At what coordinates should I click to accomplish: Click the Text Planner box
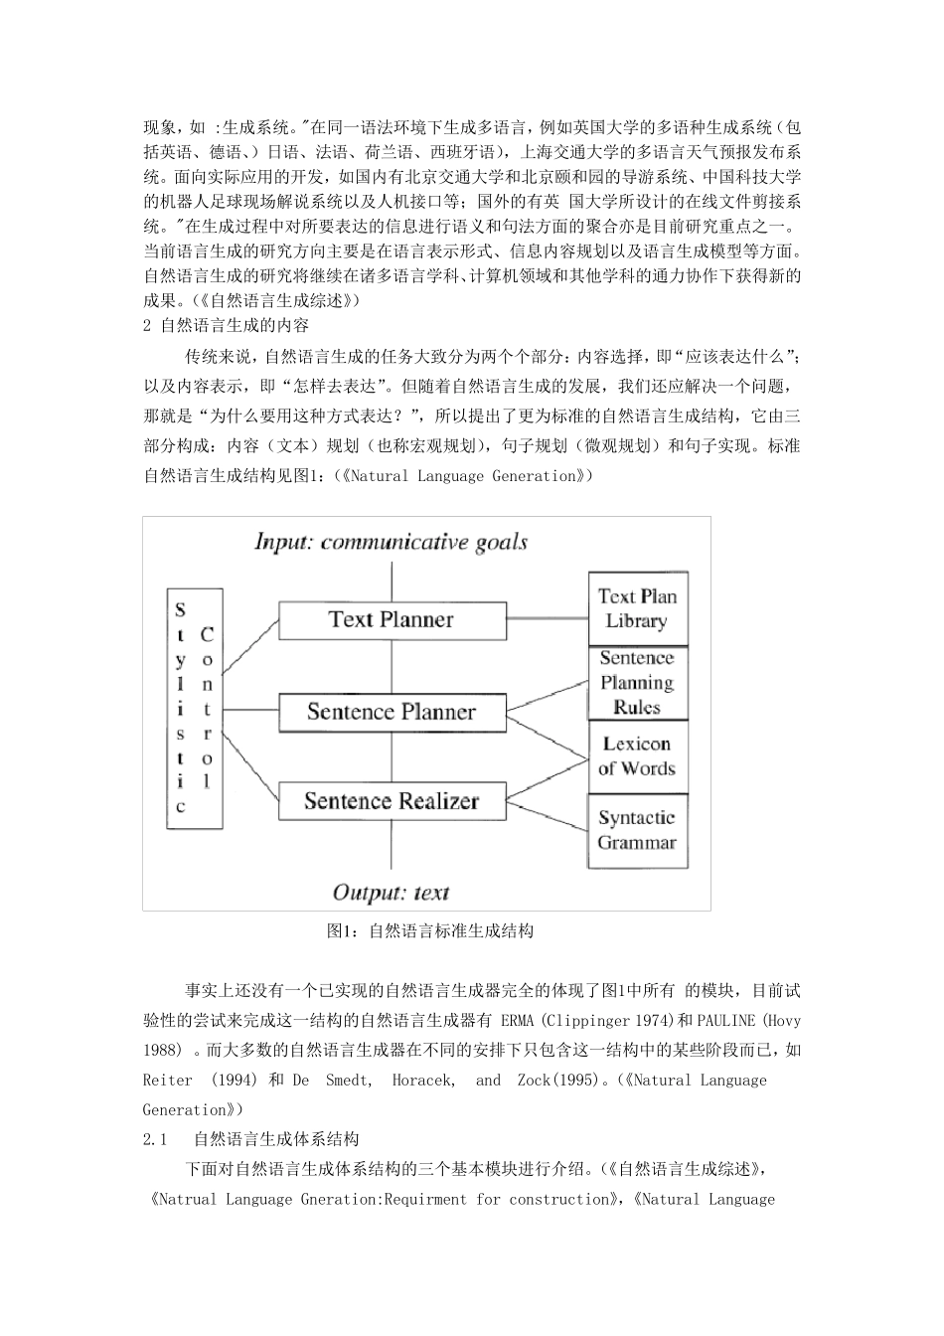tap(392, 620)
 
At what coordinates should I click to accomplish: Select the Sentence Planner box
tap(392, 712)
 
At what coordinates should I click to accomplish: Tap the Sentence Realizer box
tap(392, 801)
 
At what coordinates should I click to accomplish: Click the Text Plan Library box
tap(637, 608)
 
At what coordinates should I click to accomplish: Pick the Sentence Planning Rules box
tap(637, 683)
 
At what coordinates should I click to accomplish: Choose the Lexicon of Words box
tap(637, 756)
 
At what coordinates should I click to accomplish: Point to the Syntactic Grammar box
tap(637, 830)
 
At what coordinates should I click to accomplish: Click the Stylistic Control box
tap(194, 708)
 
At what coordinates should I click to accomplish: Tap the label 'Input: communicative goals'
tap(391, 542)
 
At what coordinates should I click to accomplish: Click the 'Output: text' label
tap(391, 892)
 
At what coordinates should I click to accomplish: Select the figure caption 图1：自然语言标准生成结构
tap(430, 931)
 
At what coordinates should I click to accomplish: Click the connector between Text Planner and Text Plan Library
tap(547, 620)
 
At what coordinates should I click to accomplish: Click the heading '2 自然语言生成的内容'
tap(227, 325)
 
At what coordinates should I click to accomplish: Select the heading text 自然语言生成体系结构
tap(276, 1139)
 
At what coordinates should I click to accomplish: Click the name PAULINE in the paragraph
tap(725, 1021)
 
